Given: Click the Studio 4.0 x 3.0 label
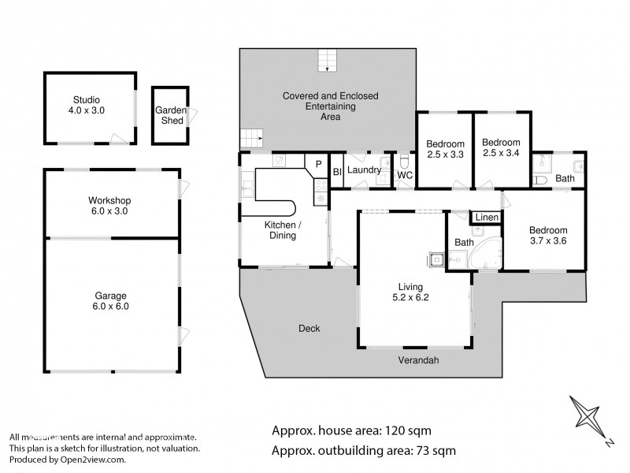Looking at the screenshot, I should pyautogui.click(x=87, y=106).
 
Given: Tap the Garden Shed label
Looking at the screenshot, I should pyautogui.click(x=169, y=115).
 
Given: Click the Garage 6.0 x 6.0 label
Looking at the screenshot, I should pyautogui.click(x=110, y=301).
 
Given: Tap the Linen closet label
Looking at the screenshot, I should pyautogui.click(x=486, y=217).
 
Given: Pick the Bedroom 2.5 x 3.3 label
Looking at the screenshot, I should pyautogui.click(x=445, y=149).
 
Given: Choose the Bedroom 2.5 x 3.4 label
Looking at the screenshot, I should pyautogui.click(x=501, y=149).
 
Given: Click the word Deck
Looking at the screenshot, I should pyautogui.click(x=309, y=328).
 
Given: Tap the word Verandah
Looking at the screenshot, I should pyautogui.click(x=417, y=360).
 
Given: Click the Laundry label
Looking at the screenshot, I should pyautogui.click(x=364, y=169).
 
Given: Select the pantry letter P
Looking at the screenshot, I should pyautogui.click(x=318, y=164).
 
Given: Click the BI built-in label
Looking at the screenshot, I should pyautogui.click(x=336, y=171).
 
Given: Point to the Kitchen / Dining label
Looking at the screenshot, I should pyautogui.click(x=280, y=229).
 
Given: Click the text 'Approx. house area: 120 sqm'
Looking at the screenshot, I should pyautogui.click(x=351, y=430).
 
